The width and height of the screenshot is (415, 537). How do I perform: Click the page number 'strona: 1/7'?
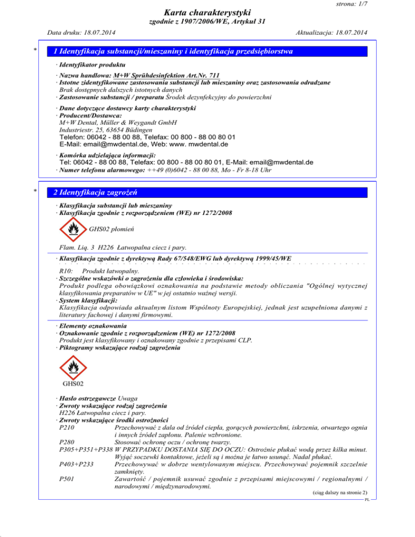(383, 4)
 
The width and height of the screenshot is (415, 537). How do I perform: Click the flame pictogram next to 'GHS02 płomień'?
(72, 229)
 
